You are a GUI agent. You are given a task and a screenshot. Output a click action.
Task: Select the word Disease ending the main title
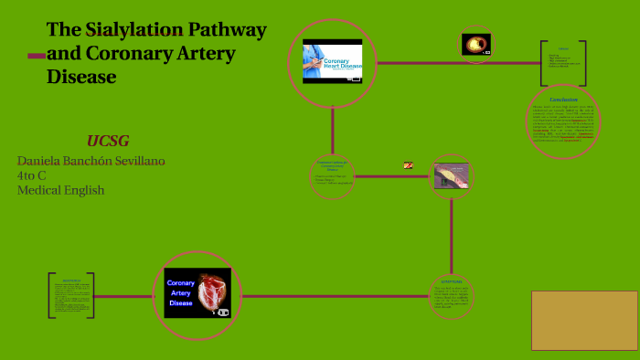81,77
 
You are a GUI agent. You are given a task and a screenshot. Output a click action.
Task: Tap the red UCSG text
108,140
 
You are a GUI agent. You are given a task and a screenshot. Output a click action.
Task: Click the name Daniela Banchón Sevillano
91,161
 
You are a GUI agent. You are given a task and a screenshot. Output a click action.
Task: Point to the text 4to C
34,175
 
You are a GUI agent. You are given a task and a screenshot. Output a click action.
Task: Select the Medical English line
60,190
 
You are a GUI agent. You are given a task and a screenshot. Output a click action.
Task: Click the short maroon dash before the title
37,56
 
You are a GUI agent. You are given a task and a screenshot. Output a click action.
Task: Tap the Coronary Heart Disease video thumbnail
333,61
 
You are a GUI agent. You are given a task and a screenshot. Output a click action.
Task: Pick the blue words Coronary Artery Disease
180,292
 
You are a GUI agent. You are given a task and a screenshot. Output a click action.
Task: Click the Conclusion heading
563,100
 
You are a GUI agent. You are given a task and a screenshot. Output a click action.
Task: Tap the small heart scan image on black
475,43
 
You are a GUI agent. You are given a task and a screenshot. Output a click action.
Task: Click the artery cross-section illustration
451,175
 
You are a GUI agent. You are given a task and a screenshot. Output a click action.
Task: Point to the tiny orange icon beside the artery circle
408,165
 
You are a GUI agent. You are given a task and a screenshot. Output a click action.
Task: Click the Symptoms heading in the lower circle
452,281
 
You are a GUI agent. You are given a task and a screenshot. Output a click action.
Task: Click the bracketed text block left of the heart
70,295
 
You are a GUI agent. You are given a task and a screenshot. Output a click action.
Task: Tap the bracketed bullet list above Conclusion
563,62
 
